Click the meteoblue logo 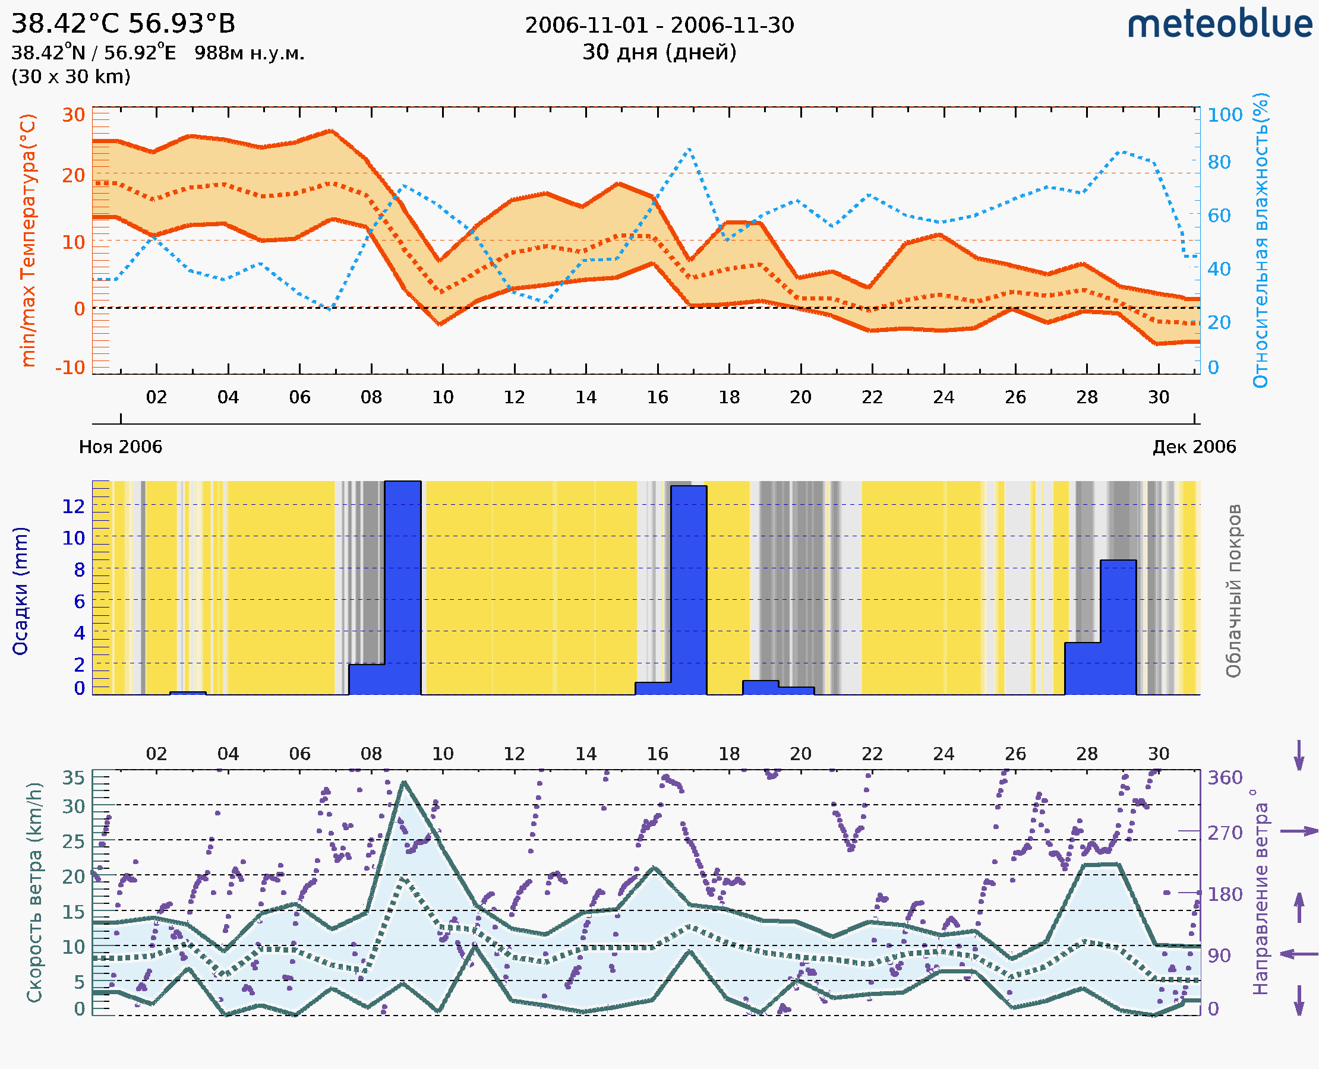pos(1220,24)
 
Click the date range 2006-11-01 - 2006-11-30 pos(659,26)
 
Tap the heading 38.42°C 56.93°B pos(123,24)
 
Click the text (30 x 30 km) pos(71,77)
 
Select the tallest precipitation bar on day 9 pos(403,588)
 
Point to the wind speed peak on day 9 pos(403,782)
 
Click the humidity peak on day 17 pos(689,149)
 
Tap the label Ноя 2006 pos(121,447)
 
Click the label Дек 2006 pos(1194,447)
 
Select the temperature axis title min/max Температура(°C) pos(28,240)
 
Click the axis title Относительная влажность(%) pos(1260,240)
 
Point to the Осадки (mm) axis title pos(20,591)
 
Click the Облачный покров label pos(1233,591)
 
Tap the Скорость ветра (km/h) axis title pos(34,892)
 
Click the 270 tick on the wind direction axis pos(1225,833)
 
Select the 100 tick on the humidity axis pos(1225,115)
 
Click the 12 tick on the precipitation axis pos(73,506)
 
